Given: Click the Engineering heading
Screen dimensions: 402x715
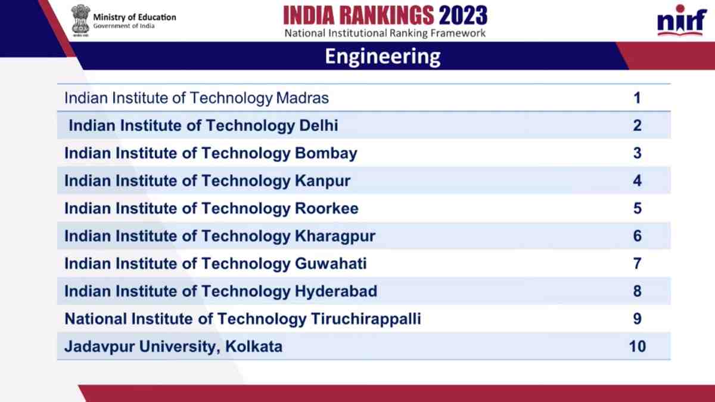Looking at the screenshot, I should point(383,57).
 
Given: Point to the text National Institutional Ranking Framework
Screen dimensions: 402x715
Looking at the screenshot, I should point(385,33).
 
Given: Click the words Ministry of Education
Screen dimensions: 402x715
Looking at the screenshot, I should point(135,17).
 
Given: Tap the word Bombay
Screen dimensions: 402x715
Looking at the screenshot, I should point(326,154).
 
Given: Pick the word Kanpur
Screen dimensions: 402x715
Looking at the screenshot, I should point(322,181).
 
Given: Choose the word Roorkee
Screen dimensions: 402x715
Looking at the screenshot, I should point(327,208).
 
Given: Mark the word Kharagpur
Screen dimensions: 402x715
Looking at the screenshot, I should point(335,236).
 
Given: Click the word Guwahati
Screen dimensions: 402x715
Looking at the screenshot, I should point(331,264).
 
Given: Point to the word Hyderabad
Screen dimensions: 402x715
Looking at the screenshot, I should point(336,292).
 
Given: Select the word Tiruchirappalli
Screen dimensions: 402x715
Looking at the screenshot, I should point(366,319).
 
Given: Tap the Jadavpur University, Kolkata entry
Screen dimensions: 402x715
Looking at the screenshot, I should point(173,347).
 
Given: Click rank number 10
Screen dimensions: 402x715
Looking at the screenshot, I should point(637,347).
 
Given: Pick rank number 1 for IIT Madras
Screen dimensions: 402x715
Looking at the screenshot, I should point(637,98).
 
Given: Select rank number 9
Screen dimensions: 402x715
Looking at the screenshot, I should point(637,319).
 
